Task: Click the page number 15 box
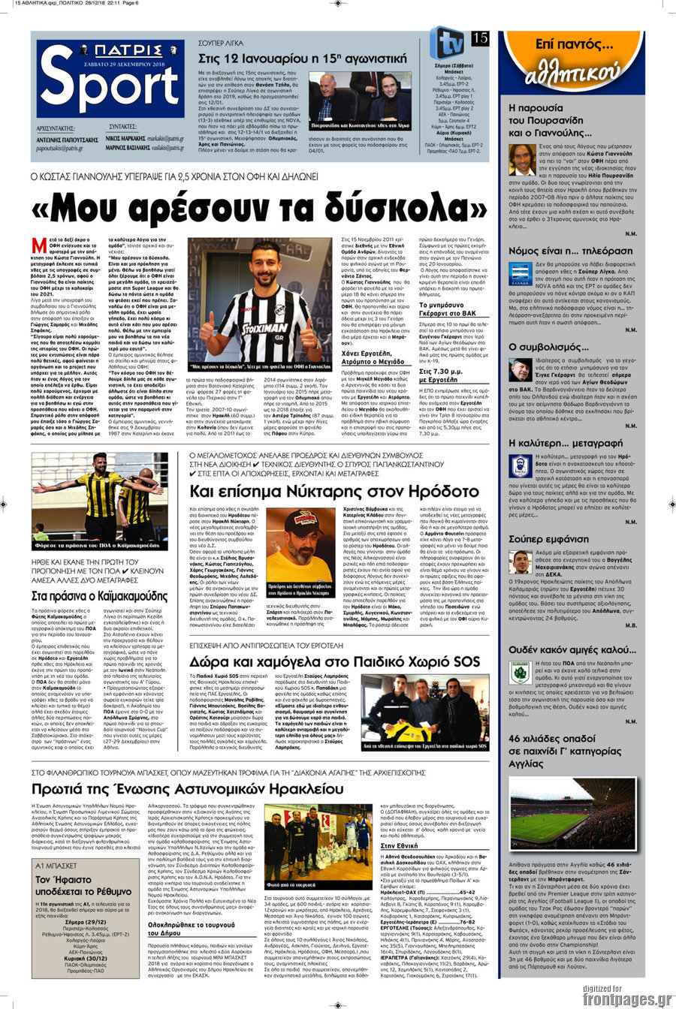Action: [x=481, y=38]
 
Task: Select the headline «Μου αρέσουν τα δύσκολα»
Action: [x=259, y=210]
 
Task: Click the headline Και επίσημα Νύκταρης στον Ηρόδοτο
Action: [x=333, y=492]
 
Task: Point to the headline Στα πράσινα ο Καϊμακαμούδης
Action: [x=99, y=596]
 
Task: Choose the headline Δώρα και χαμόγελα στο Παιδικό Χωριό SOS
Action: [x=334, y=662]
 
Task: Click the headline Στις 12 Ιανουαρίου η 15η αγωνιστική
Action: [x=301, y=58]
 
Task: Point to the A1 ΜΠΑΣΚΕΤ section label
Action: [x=56, y=866]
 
